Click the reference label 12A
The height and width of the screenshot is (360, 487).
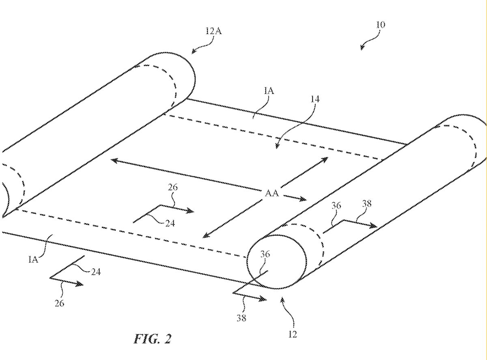[x=213, y=31]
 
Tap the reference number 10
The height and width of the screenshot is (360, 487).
[x=380, y=25]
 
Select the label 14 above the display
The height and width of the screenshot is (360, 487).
[x=315, y=99]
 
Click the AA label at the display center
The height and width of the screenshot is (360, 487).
[x=272, y=194]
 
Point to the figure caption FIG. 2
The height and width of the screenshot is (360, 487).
[x=152, y=338]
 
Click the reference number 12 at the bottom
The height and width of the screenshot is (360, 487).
[x=293, y=334]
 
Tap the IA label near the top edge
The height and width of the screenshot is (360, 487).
[x=269, y=91]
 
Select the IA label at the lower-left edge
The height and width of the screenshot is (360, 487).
[x=34, y=259]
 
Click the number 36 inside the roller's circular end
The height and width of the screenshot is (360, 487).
[x=265, y=254]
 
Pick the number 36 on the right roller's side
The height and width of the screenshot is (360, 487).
[x=336, y=206]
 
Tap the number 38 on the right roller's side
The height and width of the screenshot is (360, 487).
[x=366, y=204]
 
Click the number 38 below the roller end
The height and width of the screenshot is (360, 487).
[x=241, y=318]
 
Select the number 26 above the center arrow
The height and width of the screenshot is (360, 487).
[x=172, y=188]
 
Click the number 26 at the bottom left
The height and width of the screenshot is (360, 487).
[x=59, y=303]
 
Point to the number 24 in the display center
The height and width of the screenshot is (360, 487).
[x=170, y=223]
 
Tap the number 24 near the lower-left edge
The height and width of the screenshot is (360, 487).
[x=95, y=272]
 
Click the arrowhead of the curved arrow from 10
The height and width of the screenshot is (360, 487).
[x=361, y=49]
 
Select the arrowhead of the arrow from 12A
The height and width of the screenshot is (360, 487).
[x=194, y=52]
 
